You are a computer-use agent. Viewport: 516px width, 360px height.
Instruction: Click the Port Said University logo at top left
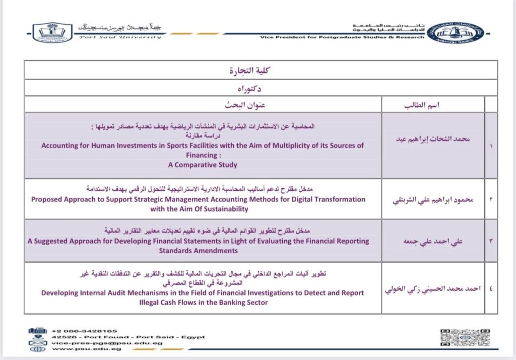(x=53, y=32)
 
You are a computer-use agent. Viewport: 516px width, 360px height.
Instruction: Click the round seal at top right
(x=455, y=32)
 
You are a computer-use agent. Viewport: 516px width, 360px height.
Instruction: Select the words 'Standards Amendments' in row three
(x=198, y=250)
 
